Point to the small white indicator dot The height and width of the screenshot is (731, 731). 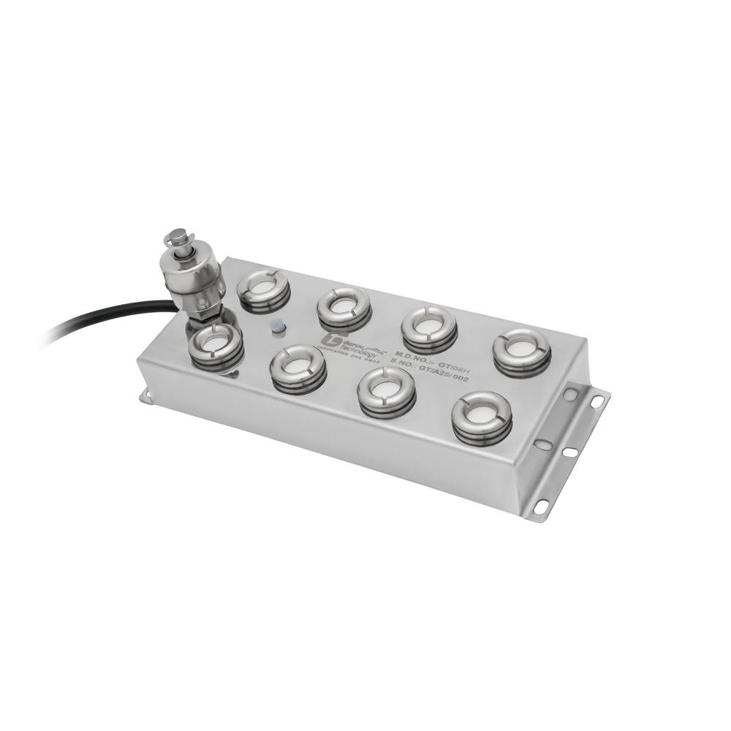click(x=277, y=327)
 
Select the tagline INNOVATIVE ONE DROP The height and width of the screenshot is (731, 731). click(x=349, y=355)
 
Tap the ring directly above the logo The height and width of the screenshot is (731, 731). click(x=344, y=306)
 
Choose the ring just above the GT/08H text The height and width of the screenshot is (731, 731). click(x=429, y=326)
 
